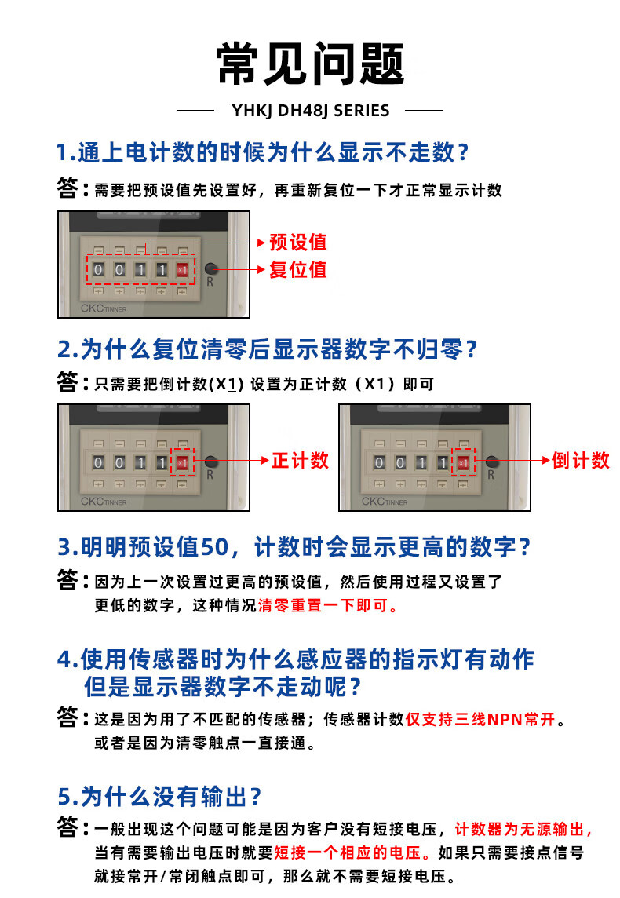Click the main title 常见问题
point(310,64)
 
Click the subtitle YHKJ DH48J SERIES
point(310,111)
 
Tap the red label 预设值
point(298,242)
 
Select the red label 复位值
point(298,269)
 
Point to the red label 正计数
point(300,461)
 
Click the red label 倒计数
point(581,461)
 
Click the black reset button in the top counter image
point(210,268)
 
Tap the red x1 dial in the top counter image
point(182,270)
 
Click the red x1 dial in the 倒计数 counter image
point(463,463)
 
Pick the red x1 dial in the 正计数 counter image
point(182,463)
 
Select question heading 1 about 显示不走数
point(262,152)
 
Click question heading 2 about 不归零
point(267,349)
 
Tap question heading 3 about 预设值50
point(294,547)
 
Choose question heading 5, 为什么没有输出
point(159,797)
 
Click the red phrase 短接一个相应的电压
point(348,852)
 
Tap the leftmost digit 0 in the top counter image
point(98,270)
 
